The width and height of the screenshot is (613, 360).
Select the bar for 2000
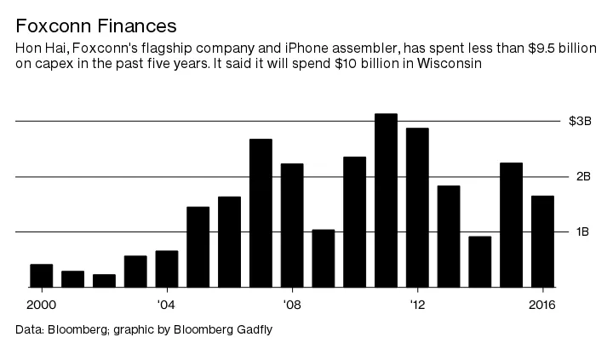[x=42, y=276]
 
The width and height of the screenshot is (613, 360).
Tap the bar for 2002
[x=104, y=281]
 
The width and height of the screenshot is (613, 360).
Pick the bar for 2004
[x=167, y=269]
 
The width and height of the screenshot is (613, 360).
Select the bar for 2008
[x=292, y=226]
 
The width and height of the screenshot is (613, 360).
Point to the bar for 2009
[x=324, y=258]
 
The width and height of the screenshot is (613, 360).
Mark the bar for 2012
[x=417, y=208]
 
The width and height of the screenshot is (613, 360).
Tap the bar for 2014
[x=480, y=261]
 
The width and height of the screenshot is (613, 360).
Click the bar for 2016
[x=542, y=242]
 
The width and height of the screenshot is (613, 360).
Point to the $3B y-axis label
[x=580, y=122]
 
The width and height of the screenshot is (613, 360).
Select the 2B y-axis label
[x=583, y=177]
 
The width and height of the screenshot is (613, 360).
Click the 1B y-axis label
[x=583, y=232]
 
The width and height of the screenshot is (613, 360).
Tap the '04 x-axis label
[x=167, y=305]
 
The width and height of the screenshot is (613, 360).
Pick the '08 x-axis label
[x=292, y=305]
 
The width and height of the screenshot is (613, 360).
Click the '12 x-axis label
[x=417, y=305]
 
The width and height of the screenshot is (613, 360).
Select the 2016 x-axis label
[x=542, y=305]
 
